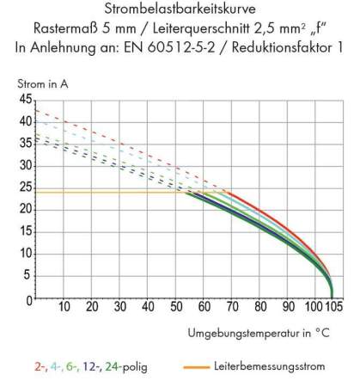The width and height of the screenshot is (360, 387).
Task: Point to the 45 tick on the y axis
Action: [x=24, y=100]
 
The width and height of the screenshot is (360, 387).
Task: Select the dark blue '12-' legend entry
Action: [x=92, y=367]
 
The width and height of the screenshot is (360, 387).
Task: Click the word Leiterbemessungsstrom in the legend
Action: [x=270, y=367]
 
